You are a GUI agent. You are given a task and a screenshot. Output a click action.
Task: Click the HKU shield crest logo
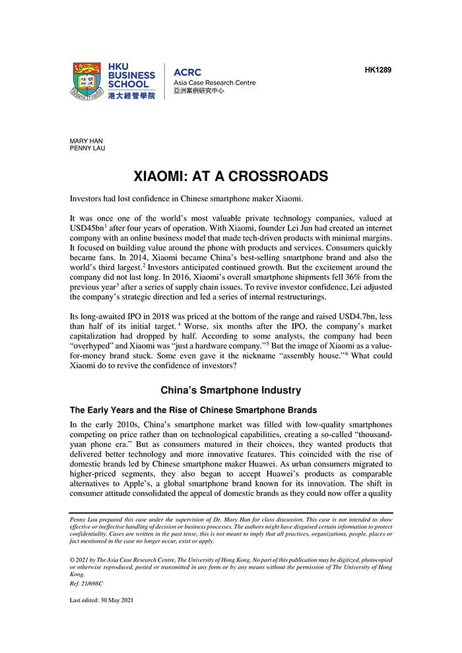coord(88,81)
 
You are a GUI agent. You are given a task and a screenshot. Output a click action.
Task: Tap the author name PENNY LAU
coord(88,149)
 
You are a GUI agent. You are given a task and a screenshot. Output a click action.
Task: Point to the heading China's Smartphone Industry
coord(230,390)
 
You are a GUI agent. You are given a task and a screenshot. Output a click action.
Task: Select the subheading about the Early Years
coord(193,410)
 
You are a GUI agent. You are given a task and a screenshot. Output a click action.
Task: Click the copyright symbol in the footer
coord(72,559)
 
